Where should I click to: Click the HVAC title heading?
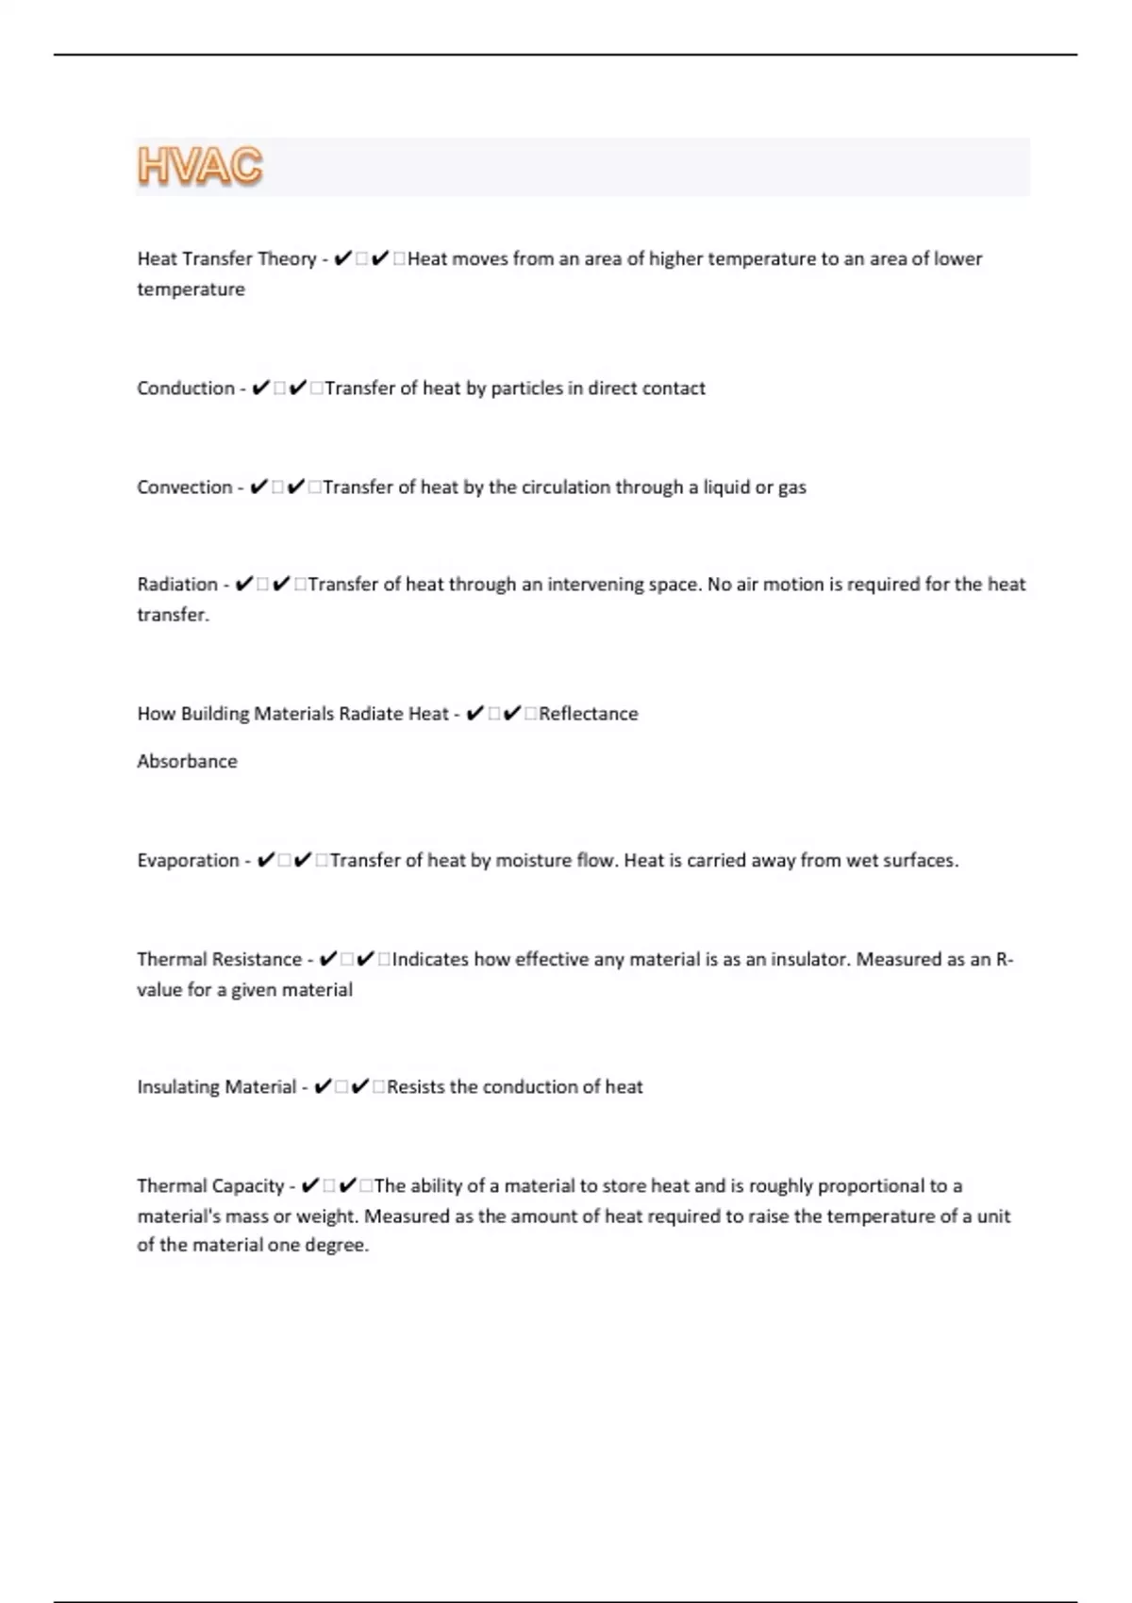coord(200,167)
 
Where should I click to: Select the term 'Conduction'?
coord(185,388)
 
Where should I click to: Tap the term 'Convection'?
coord(184,488)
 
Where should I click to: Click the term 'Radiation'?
coord(177,585)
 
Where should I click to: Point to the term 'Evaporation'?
coord(188,861)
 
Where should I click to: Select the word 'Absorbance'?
coord(187,762)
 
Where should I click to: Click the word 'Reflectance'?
coord(588,714)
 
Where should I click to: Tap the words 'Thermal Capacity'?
coord(210,1186)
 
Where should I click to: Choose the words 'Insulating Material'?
coord(216,1087)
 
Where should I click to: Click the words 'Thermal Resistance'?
coord(219,960)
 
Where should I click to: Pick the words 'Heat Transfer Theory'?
coord(226,259)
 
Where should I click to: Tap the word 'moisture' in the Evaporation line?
coord(532,861)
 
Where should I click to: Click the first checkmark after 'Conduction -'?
coord(261,388)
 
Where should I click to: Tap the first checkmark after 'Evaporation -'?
coord(266,861)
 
